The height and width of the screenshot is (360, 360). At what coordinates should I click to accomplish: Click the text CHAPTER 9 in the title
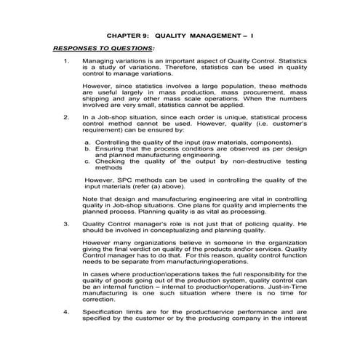[x=125, y=34]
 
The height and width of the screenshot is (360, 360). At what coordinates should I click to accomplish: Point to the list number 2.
[x=66, y=116]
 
